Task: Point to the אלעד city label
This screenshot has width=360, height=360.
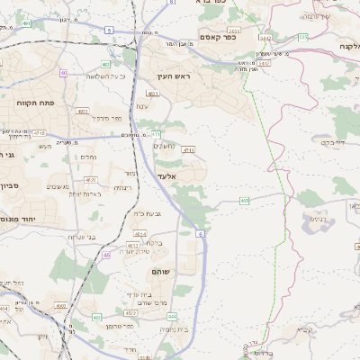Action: (167, 176)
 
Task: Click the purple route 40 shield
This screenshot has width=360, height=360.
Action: (63, 73)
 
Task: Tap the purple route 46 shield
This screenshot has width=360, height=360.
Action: (107, 256)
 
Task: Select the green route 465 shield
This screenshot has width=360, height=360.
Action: (245, 200)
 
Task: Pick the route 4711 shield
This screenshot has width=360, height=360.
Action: (188, 151)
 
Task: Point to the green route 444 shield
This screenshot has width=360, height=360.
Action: (172, 316)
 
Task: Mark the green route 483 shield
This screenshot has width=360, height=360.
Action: (106, 65)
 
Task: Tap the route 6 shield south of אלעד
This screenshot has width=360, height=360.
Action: (200, 233)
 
